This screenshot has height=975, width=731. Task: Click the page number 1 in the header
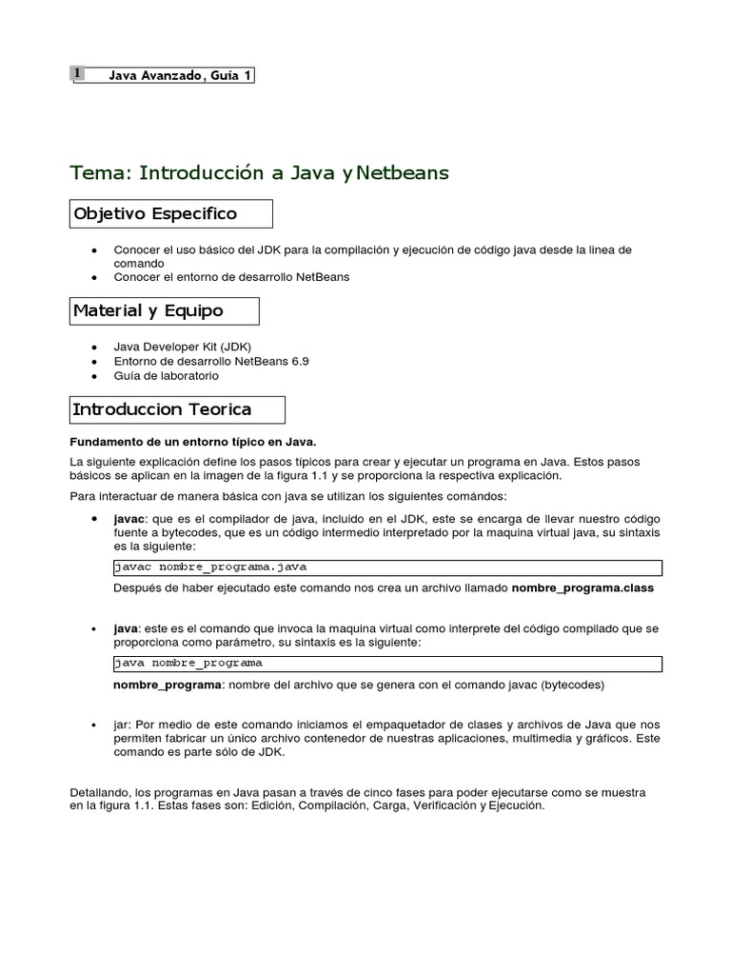coord(77,74)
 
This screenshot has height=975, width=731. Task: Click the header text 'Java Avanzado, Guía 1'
coord(174,75)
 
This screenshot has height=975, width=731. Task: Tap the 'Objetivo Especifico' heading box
coord(171,214)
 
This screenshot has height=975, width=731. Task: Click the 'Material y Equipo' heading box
coord(165,311)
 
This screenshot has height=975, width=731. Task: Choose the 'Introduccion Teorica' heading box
coord(177,410)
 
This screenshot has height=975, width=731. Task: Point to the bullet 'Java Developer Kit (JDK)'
coord(182,347)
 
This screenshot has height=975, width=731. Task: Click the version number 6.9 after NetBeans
coord(298,362)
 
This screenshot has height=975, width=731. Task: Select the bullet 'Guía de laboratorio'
coord(166,376)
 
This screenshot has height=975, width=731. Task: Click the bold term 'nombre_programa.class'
coord(583,588)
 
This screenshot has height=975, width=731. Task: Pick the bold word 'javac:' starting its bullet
coord(129,519)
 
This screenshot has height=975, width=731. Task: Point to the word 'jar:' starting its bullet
coord(124,725)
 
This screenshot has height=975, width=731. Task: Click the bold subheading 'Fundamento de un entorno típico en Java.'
coord(193,442)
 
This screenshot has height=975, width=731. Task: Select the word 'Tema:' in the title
coord(102,172)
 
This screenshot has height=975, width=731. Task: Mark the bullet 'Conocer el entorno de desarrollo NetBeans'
coord(231,277)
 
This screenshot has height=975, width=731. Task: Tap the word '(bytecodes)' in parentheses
coord(569,684)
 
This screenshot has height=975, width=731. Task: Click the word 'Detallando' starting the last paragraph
coord(100,791)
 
